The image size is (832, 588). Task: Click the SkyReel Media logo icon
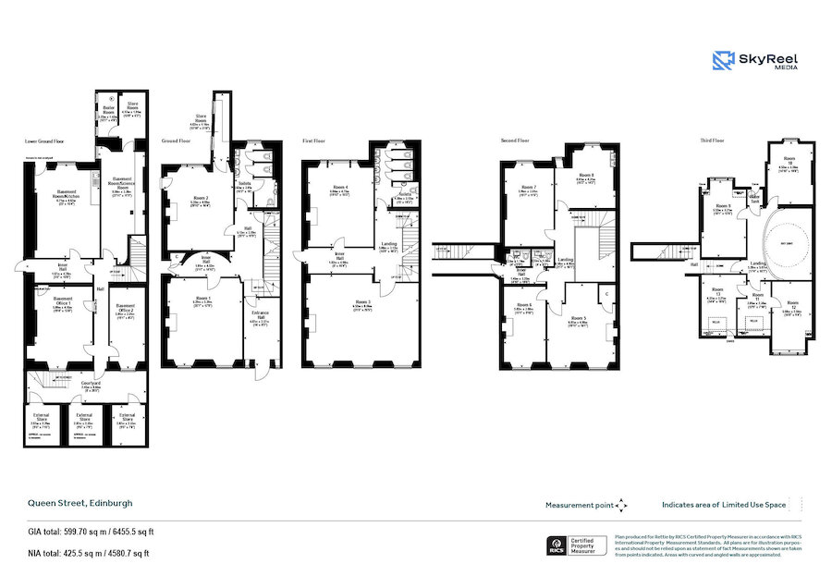(723, 61)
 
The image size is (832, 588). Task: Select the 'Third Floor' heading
(713, 141)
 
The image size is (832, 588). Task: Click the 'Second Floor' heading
(515, 141)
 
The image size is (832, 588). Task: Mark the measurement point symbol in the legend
(621, 505)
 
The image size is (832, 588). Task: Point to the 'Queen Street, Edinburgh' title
(79, 503)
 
